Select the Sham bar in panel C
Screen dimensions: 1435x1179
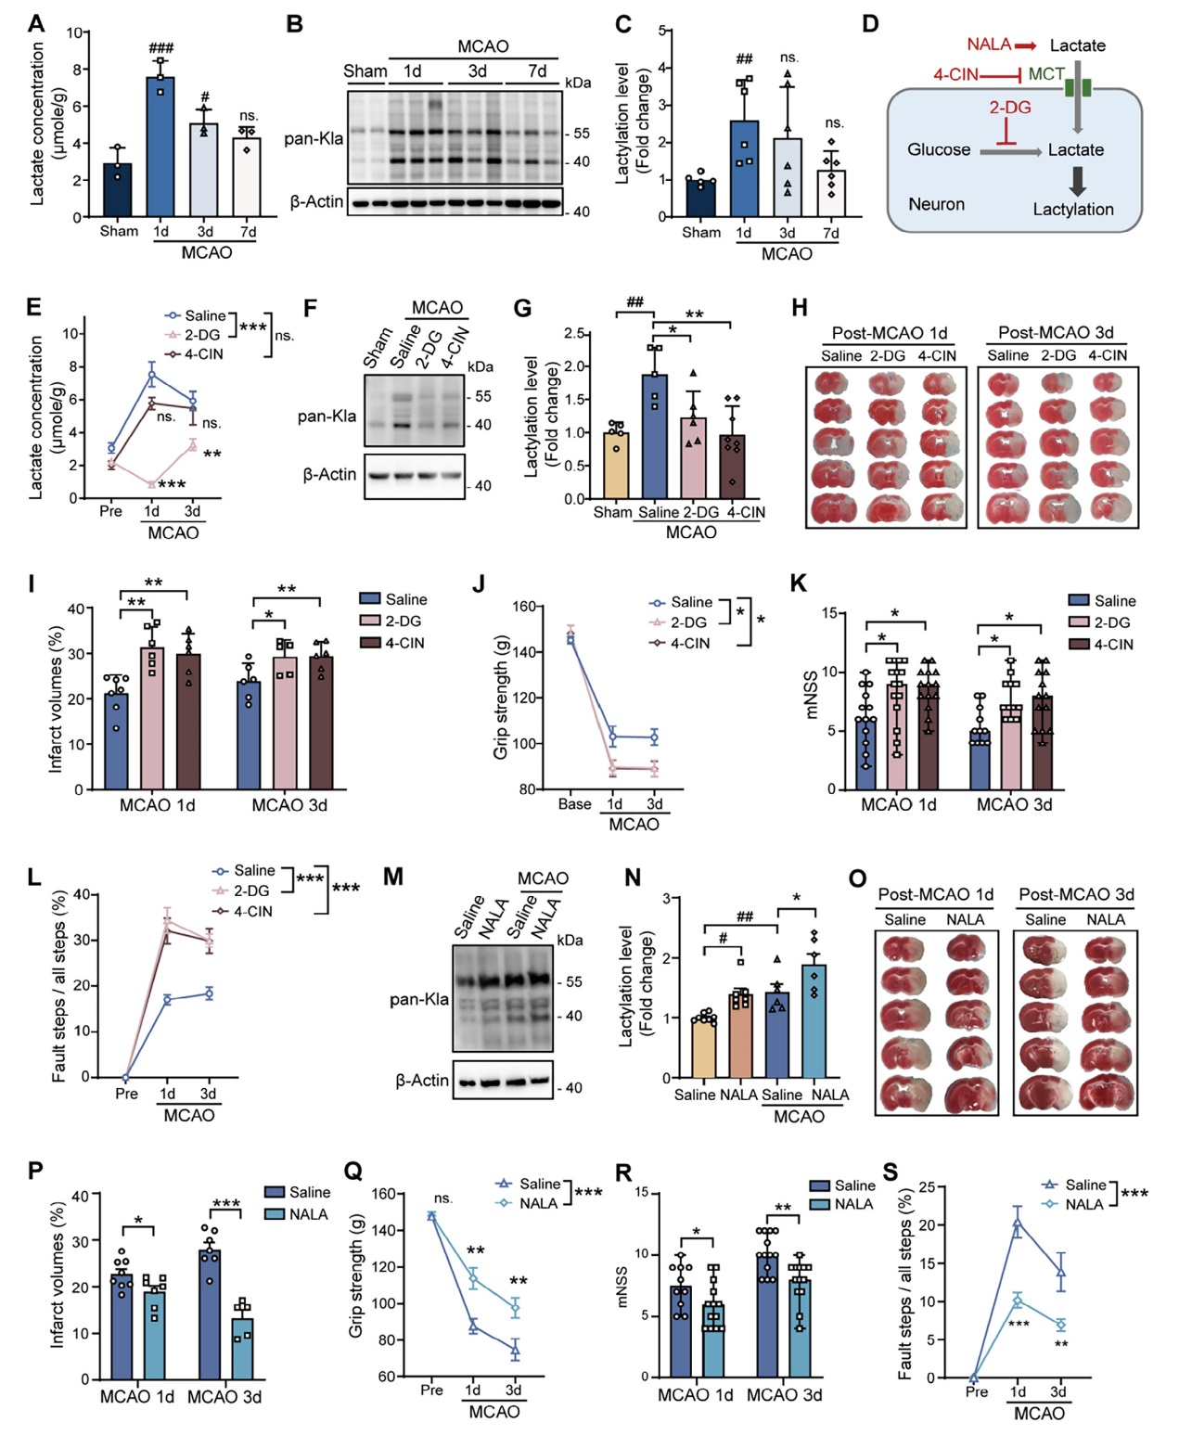700,198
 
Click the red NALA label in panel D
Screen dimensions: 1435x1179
988,45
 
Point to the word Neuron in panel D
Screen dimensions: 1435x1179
936,204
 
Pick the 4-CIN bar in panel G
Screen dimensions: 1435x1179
732,467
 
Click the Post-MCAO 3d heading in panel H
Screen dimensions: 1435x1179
1056,332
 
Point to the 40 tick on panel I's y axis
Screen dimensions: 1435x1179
75,609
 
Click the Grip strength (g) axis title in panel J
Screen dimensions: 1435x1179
501,697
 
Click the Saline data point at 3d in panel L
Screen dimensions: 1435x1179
209,993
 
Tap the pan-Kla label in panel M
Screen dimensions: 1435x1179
419,1000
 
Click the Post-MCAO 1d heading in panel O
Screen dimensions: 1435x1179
935,894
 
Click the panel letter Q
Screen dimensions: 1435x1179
353,1171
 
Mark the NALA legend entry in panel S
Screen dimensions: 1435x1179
1083,1204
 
